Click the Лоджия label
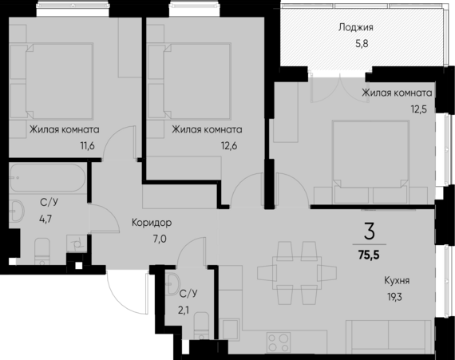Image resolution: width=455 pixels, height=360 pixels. coord(356,27)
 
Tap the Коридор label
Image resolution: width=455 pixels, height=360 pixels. coord(152,223)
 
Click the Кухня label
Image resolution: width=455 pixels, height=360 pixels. coord(396,280)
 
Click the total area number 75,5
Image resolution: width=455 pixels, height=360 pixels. coord(368,256)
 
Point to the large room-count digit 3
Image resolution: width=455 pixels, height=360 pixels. coord(369,232)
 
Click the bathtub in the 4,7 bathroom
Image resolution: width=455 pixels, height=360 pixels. coord(47,180)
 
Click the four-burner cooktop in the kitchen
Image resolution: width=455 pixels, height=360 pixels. coord(279,343)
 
